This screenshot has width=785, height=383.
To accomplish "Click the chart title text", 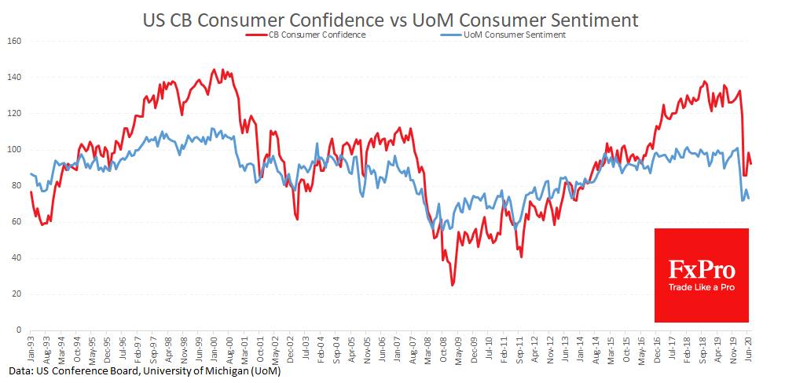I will coord(391,19).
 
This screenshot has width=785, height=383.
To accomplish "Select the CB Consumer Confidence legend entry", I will coord(313,35).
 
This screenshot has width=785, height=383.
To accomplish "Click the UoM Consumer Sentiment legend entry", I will coord(509,35).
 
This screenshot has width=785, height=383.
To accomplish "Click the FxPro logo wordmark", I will coord(702,271).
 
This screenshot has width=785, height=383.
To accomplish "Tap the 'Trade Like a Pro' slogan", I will coord(702,289).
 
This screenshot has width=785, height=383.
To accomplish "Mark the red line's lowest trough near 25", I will coord(452,285).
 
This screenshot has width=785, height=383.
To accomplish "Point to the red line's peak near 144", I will coord(215,69).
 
